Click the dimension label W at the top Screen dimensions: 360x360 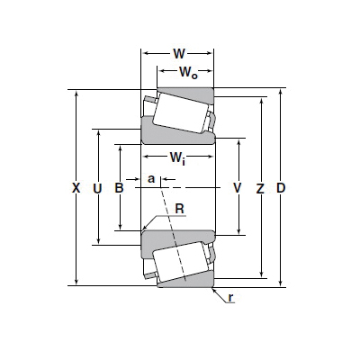point(179,54)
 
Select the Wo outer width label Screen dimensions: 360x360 point(188,73)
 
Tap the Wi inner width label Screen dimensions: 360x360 point(177,157)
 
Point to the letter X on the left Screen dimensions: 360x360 point(76,188)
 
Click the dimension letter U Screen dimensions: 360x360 point(98,189)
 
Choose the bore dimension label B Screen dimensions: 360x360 point(120,188)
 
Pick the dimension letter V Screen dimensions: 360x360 point(238,188)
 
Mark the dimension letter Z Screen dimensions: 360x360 point(260,189)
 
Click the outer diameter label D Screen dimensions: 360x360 point(281,188)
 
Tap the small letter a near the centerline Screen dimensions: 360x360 point(151,179)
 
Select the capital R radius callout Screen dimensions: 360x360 point(179,209)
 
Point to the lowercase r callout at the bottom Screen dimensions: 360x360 point(230,298)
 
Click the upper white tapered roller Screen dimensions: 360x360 point(180,112)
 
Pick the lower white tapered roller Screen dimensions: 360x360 point(180,262)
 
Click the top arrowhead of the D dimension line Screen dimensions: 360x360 point(281,92)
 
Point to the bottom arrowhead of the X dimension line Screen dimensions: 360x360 point(76,282)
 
